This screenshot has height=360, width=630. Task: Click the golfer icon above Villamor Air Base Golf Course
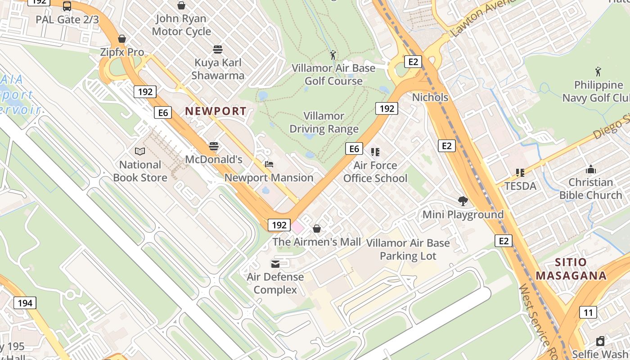[x=333, y=55]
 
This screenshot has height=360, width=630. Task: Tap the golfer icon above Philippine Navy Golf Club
[x=598, y=72]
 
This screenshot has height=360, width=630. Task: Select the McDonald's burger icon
[x=214, y=146]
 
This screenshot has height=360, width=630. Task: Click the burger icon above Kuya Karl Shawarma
[x=218, y=49]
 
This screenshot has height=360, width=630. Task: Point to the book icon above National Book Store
[x=140, y=151]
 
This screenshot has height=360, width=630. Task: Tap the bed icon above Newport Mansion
[x=269, y=164]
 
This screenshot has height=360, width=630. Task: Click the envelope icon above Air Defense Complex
[x=275, y=264]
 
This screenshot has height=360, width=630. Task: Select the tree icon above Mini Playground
[x=463, y=201]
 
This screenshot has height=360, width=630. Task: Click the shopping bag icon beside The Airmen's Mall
[x=317, y=229]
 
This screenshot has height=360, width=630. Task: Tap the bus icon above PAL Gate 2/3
[x=67, y=6]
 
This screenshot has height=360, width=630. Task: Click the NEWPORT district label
[x=216, y=111]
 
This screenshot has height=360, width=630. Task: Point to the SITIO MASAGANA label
[x=571, y=269]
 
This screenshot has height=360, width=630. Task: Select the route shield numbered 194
[x=25, y=303]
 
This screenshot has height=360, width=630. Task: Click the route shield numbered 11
[x=588, y=312]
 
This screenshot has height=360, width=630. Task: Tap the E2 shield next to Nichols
[x=413, y=62]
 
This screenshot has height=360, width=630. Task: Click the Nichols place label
[x=430, y=97]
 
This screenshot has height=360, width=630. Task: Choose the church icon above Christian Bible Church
[x=591, y=169]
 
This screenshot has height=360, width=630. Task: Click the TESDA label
[x=520, y=186]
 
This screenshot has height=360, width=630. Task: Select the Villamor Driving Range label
[x=324, y=122]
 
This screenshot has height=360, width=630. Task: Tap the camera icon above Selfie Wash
[x=600, y=341]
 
